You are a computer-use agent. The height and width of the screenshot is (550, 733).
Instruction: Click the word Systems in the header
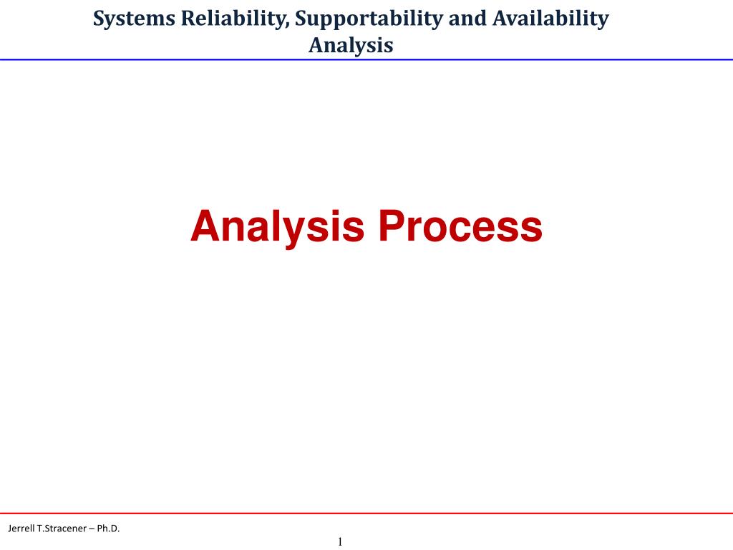[134, 19]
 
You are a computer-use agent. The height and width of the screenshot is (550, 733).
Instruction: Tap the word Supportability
[369, 19]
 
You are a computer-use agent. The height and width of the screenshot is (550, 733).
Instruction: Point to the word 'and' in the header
[467, 18]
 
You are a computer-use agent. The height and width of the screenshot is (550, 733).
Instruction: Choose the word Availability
[550, 19]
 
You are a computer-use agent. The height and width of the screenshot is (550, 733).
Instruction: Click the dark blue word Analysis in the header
[351, 46]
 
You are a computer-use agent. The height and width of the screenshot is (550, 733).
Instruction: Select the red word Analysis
[277, 227]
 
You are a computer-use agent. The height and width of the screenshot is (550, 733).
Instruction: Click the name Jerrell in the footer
[21, 529]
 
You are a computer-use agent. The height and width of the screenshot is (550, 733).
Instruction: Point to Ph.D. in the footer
[109, 529]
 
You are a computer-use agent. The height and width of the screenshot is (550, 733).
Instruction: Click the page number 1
[340, 541]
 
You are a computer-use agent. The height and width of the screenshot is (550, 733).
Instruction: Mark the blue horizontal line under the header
[366, 60]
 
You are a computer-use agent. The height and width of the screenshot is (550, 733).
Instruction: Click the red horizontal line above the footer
[366, 513]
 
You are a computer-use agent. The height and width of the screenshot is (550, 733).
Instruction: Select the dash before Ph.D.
[92, 529]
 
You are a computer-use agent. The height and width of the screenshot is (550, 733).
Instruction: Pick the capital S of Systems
[99, 19]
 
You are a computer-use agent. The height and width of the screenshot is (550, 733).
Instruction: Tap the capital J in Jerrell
[10, 529]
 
